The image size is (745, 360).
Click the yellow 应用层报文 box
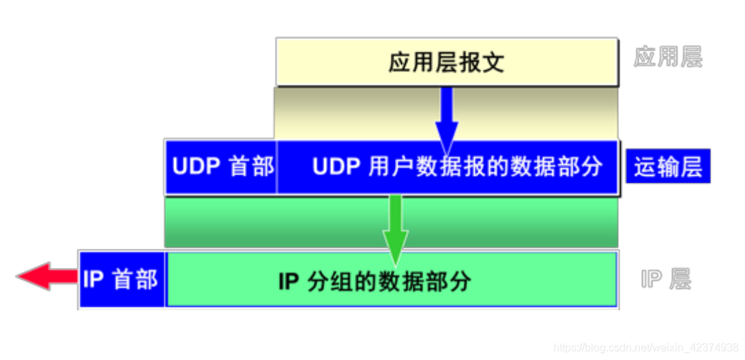447,62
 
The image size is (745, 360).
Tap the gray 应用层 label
667,57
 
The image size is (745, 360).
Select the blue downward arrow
447,119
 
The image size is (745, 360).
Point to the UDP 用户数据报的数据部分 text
458,167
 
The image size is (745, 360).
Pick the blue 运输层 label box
668,167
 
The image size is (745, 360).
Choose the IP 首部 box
121,279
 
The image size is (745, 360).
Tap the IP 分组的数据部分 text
375,281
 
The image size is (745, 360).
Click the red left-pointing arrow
46,277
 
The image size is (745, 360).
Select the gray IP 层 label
665,279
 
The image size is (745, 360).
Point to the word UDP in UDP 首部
194,167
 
